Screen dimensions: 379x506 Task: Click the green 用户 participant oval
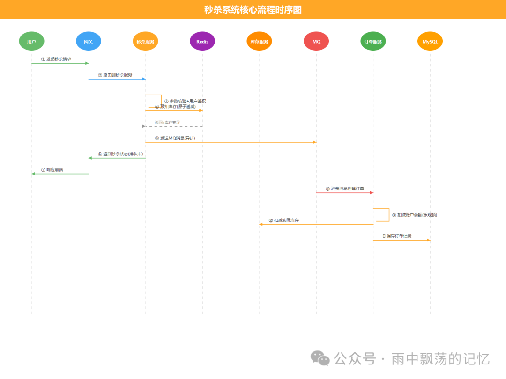(x=31, y=41)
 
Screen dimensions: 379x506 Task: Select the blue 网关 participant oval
(x=89, y=41)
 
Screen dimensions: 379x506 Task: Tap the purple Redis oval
(x=202, y=41)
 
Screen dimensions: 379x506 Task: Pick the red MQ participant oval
(x=316, y=41)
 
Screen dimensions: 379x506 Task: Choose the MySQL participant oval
(x=430, y=41)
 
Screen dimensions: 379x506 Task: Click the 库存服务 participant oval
(x=259, y=41)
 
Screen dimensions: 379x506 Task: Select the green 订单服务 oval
(x=373, y=41)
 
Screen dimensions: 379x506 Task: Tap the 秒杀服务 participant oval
(x=145, y=41)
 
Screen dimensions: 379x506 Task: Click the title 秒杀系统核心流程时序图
(x=253, y=9)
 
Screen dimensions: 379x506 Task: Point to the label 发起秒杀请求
(x=59, y=59)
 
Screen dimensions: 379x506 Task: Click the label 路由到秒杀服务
(x=118, y=75)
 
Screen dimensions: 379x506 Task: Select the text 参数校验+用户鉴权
(x=187, y=101)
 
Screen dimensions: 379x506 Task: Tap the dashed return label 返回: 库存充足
(x=167, y=122)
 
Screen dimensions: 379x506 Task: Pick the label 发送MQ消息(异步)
(x=178, y=138)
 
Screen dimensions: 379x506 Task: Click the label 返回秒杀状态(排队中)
(x=123, y=154)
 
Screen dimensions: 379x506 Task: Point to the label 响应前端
(x=54, y=170)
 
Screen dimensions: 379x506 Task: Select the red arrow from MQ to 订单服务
(x=344, y=193)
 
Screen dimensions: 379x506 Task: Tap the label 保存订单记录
(x=399, y=236)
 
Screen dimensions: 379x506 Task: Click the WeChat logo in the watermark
(x=320, y=358)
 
